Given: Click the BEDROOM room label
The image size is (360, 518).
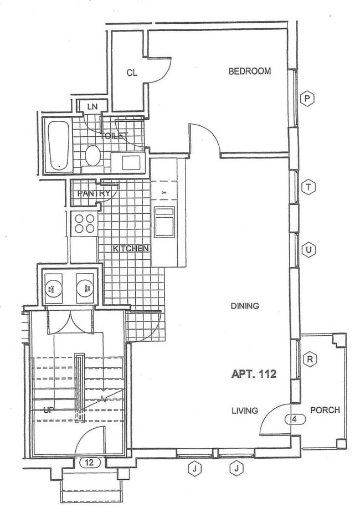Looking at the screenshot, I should tap(250, 71).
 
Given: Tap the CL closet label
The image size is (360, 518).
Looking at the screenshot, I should tap(131, 73).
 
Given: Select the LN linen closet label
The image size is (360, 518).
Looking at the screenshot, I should tap(92, 106).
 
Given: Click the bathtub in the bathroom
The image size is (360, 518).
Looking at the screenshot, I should tap(58, 145).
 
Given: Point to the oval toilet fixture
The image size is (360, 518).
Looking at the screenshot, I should tap(92, 155).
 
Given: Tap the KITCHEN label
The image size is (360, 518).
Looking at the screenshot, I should tap(131, 248).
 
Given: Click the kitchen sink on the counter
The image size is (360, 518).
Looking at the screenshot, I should tap(164, 222).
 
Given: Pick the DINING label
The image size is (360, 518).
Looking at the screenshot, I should tap(245, 306).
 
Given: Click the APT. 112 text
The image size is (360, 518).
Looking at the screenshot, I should tap(253, 374).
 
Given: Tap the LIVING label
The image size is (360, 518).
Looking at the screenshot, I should tap(245, 411).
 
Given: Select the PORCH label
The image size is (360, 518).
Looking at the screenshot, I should tap(325, 410).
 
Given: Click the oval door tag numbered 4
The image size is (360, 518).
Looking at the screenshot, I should tap(295, 419).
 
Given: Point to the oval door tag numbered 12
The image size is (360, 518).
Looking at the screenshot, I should tap(90, 461).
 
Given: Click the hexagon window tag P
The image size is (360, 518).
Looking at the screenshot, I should tap(307, 99).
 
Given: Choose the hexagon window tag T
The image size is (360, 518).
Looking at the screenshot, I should tap(308, 187).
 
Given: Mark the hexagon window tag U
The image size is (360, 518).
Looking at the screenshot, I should tap(309, 250).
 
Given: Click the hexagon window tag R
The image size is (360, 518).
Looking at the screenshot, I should tap(310, 359).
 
